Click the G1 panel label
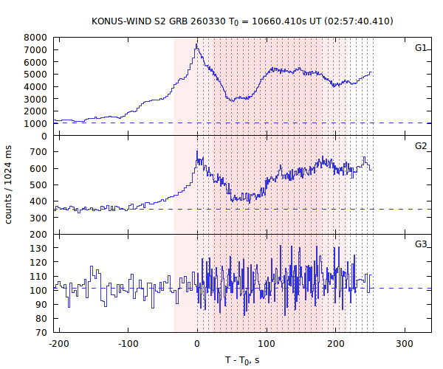[x=421, y=48]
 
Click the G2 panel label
[x=421, y=145]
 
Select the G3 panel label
[x=421, y=244]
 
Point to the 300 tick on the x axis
[x=404, y=344]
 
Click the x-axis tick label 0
[x=197, y=344]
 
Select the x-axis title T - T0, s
[x=241, y=359]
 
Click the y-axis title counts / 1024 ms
[x=10, y=184]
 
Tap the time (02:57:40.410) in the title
[x=354, y=21]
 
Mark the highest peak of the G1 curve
[x=196, y=44]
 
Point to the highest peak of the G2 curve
[x=197, y=151]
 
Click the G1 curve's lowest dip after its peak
[x=232, y=100]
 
